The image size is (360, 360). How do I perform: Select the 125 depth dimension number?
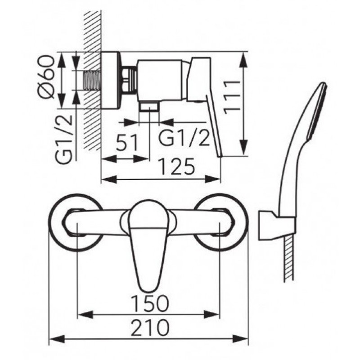(177, 166)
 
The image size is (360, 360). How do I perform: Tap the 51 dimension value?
(127, 143)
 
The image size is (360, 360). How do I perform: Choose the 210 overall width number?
(150, 328)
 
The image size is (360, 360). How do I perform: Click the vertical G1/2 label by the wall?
(63, 139)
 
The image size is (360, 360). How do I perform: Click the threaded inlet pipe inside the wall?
(93, 80)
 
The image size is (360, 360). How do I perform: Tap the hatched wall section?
(93, 81)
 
